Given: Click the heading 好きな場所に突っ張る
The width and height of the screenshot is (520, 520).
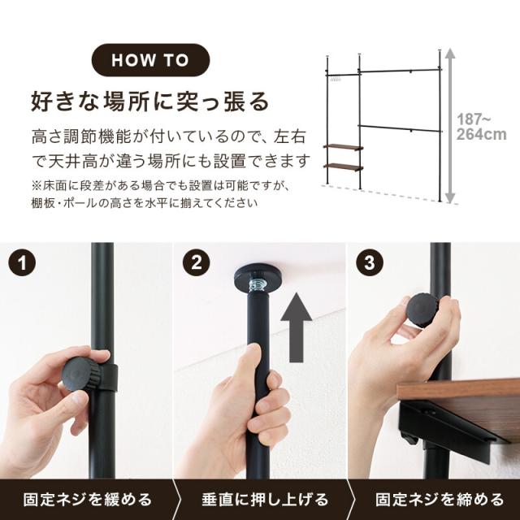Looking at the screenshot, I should coord(149,102).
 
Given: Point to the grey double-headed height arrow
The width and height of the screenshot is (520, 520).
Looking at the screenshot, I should coord(447,126).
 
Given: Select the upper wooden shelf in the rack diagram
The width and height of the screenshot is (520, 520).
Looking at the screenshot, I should coord(342,146).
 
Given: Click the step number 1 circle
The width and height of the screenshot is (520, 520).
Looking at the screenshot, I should coord(26,265).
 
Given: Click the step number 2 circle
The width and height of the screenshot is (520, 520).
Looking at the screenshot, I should coord(197,265).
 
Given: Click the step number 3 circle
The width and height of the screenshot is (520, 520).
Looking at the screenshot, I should coord(367,265).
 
